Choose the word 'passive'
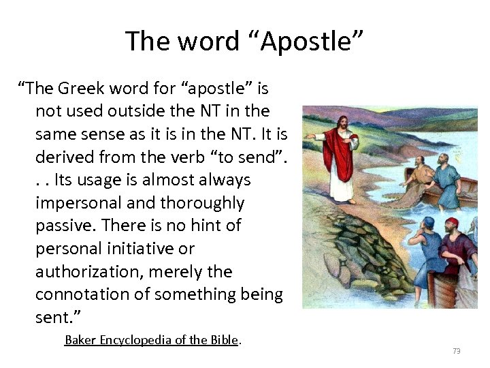(x=67, y=226)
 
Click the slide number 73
(x=456, y=351)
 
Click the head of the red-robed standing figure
(x=344, y=123)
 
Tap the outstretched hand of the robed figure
(x=310, y=136)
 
